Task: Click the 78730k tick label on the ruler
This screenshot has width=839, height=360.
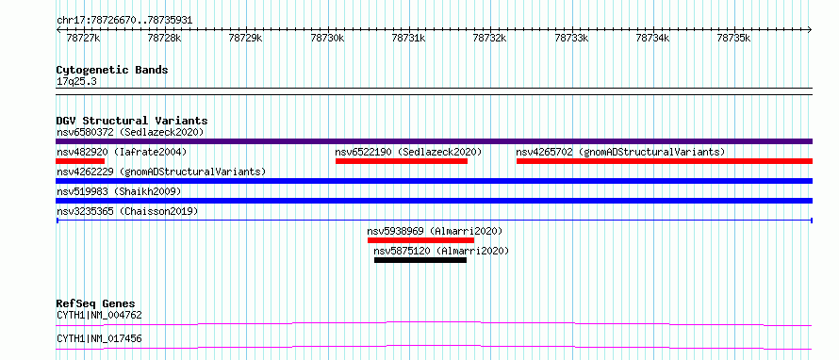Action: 328,38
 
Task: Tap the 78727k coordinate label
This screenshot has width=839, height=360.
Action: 84,38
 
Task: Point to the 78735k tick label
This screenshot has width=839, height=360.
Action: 734,38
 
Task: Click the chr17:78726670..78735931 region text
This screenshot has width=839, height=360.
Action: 124,21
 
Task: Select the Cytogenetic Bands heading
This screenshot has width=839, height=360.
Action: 112,70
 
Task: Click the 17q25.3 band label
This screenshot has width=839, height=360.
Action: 76,82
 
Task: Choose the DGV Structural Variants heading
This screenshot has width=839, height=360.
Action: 132,121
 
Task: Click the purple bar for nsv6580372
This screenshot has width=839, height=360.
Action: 434,141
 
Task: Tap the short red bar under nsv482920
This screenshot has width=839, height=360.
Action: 80,161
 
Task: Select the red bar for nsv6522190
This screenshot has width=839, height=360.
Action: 402,161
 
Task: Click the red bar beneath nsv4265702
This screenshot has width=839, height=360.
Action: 665,161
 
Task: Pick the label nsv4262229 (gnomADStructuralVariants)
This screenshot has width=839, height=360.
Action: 161,172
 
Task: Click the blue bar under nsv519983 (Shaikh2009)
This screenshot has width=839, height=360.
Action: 434,201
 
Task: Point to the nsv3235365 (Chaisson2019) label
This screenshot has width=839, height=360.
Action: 127,211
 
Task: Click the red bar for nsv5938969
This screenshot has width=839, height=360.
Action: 420,240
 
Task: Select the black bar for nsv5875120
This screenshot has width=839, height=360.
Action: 420,260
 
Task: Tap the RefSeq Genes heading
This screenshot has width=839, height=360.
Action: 96,303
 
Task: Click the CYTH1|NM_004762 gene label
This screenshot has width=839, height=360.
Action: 99,315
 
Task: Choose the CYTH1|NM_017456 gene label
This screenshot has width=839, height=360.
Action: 99,338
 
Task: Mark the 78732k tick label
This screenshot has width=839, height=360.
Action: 490,38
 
